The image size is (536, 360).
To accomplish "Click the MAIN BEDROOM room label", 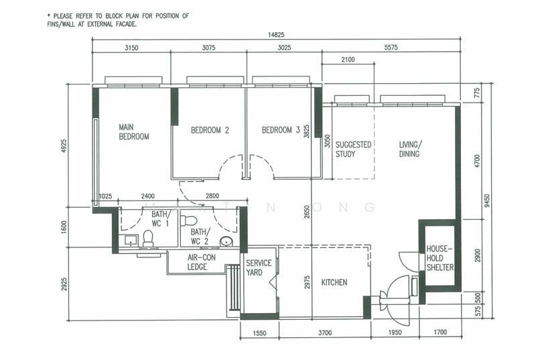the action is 133,132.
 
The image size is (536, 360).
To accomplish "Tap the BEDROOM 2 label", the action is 210,130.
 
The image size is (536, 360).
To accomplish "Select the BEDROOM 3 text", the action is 281,130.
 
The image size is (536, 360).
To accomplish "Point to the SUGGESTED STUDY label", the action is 353,149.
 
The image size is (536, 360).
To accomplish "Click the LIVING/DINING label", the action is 410,149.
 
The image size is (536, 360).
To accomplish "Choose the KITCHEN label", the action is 334,282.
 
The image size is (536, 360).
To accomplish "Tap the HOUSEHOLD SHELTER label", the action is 440,258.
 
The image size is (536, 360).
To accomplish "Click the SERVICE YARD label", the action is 259,267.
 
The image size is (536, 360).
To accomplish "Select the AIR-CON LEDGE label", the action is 202,262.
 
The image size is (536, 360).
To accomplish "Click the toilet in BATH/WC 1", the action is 148,238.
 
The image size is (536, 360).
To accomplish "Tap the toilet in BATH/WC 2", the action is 188,221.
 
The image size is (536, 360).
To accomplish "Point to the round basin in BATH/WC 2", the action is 226,241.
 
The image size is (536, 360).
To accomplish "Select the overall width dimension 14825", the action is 276,35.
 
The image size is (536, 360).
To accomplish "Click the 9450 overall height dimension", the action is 487,200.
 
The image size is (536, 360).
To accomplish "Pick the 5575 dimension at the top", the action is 391,48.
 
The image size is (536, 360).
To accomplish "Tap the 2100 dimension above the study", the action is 348,60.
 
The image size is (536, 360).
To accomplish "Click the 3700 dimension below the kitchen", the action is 325,333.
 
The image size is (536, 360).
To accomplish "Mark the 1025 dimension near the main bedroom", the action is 106,196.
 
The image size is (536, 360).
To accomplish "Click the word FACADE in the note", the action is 125,24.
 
